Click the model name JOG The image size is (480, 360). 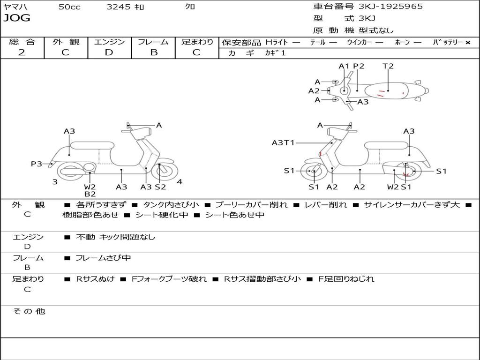pos(16,18)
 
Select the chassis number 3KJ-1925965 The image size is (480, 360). pos(390,7)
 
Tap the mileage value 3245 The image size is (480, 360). pos(119,7)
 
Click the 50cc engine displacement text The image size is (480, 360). pos(69,7)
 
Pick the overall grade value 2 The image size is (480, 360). pos(22,52)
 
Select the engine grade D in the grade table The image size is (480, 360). pos(109,52)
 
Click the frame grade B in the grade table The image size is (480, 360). pos(154,52)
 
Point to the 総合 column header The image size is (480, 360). pos(22,42)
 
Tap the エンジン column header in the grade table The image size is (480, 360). pos(109,42)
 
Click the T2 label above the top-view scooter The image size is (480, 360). pos(388,66)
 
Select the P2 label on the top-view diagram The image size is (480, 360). pos(359,66)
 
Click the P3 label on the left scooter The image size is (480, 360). pos(37,164)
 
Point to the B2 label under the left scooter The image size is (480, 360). pos(90,194)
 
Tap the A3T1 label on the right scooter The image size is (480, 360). pos(283,142)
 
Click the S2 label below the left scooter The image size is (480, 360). pos(160,187)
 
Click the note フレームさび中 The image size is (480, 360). pos(103,258)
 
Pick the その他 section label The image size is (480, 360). pos(29,311)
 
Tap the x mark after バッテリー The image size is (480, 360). pos(467,42)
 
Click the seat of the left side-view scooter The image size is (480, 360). pos(92,145)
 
